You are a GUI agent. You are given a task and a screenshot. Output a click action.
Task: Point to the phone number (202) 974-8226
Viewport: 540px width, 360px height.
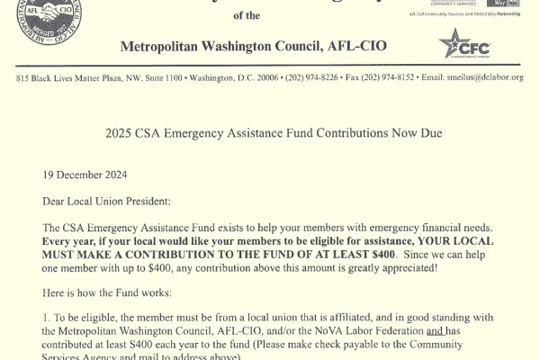click(310, 78)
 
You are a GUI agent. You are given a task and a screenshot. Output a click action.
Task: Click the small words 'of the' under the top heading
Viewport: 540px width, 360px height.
click(245, 14)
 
